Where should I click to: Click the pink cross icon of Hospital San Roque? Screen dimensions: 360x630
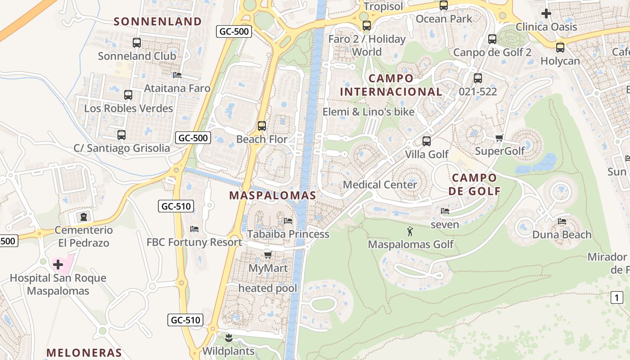[58, 264]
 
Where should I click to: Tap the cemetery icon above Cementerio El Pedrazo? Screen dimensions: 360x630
[83, 217]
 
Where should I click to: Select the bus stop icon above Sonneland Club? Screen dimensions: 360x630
[137, 43]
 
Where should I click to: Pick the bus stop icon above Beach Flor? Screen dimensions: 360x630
[262, 126]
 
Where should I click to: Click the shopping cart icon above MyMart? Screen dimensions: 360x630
[268, 255]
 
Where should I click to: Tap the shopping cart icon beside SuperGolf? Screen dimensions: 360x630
[499, 138]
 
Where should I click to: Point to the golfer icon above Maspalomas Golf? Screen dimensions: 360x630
[409, 232]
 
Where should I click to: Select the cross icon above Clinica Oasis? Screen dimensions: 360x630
[546, 13]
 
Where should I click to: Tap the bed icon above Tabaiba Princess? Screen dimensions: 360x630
[288, 221]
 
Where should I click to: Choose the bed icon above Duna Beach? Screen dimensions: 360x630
[562, 221]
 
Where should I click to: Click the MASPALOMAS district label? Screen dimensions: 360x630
[273, 195]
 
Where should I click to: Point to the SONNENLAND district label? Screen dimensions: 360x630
[157, 21]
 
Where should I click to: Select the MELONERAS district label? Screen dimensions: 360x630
[84, 352]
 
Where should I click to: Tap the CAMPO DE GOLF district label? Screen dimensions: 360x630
[475, 184]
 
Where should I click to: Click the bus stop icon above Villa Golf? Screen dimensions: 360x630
[427, 141]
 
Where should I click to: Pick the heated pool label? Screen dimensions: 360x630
[268, 288]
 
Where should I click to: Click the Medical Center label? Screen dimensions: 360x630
[380, 184]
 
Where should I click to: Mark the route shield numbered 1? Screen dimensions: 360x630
[617, 297]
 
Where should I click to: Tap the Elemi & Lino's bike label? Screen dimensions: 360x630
[369, 112]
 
